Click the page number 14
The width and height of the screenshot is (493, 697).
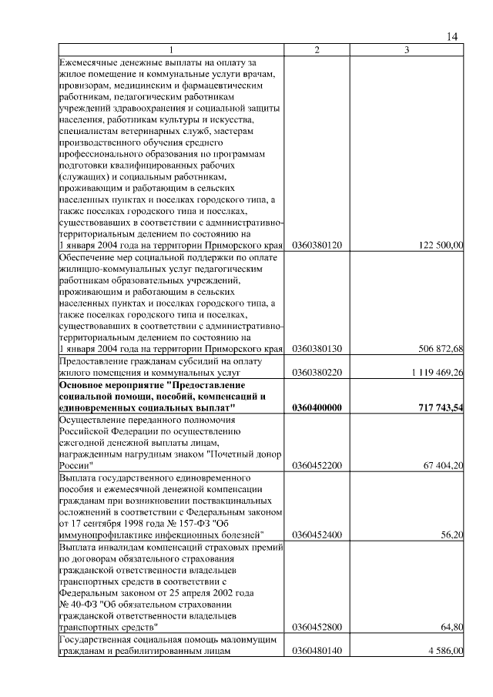coord(452,37)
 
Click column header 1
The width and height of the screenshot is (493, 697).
coord(171,50)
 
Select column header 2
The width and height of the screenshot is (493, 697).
coord(317,50)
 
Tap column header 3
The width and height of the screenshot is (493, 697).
coord(407,50)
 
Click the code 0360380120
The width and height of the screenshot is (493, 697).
coord(317,245)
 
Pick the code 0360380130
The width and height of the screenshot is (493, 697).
coord(317,349)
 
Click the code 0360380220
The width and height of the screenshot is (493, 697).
coord(317,373)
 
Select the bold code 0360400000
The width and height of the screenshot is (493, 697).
coord(317,407)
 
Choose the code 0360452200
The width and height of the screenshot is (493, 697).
coord(317,466)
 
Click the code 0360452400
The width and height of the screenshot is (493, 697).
coord(317,534)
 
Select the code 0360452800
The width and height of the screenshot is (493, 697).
coord(317,628)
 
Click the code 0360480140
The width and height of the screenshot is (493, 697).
coord(317,652)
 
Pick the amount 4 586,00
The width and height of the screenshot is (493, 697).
coord(442,652)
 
